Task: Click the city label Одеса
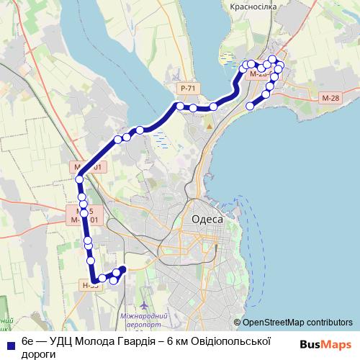[x=207, y=220]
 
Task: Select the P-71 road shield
[x=188, y=88]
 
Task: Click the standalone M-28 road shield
[x=332, y=97]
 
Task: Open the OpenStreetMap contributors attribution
[x=297, y=323]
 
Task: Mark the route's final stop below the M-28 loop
[x=251, y=106]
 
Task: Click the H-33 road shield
[x=90, y=285]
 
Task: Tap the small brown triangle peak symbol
[x=210, y=125]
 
